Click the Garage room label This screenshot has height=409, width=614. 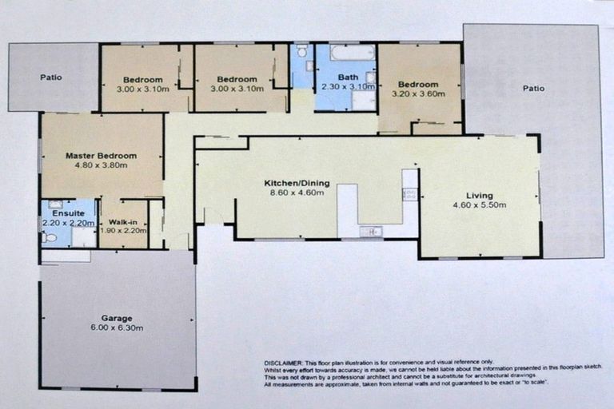[117, 318]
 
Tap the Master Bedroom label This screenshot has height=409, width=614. [101, 156]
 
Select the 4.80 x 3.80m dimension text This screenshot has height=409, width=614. [101, 165]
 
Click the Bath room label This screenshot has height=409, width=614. [349, 77]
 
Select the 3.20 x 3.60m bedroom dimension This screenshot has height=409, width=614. [418, 93]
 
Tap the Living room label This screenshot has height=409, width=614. [480, 196]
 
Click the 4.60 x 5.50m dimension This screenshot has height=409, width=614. [480, 205]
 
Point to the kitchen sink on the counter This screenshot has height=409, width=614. [369, 231]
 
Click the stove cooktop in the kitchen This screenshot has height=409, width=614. [410, 194]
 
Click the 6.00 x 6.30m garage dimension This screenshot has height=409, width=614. [117, 328]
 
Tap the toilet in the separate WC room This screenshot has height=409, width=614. [301, 52]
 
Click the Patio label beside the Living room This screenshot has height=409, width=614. [533, 89]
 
